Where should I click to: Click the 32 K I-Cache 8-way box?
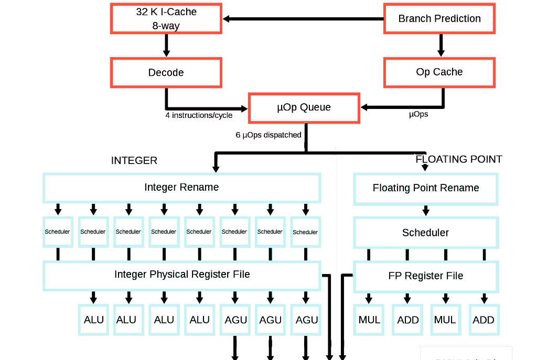click(166, 19)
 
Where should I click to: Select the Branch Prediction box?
click(439, 19)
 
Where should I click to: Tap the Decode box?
click(166, 72)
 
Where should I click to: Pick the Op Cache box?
click(439, 72)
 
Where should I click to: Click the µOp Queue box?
click(304, 108)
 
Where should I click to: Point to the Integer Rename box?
click(181, 188)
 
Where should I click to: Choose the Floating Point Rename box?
click(426, 188)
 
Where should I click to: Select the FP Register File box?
click(426, 276)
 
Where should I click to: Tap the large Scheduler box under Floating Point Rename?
click(426, 233)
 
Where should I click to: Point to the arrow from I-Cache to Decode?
click(166, 46)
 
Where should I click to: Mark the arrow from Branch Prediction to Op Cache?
click(441, 46)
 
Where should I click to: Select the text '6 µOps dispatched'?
click(268, 135)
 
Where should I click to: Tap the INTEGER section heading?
click(134, 161)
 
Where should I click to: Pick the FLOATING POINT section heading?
click(459, 159)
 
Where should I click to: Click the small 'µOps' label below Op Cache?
click(418, 114)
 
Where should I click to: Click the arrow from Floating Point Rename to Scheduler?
click(426, 210)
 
